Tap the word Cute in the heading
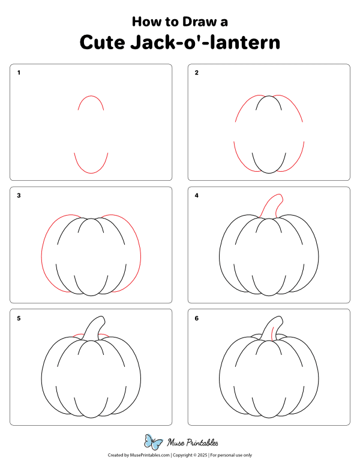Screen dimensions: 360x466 [x=102, y=42]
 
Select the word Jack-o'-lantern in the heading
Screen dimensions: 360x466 [x=205, y=42]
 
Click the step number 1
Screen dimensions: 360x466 [x=19, y=73]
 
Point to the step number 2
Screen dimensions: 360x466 [x=196, y=73]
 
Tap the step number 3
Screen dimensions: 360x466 [x=19, y=195]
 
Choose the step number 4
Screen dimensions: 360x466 [x=196, y=195]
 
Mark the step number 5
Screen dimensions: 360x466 [x=19, y=318]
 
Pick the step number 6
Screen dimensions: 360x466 [x=196, y=318]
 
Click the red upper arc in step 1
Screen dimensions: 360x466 [x=91, y=96]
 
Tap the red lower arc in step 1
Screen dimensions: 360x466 [x=91, y=173]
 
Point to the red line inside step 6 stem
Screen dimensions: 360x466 [x=272, y=334]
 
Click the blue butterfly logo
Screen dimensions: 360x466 [x=153, y=442]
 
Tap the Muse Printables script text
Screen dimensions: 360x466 [x=193, y=443]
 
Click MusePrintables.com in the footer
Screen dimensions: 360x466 [x=150, y=455]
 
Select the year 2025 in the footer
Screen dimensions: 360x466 [x=202, y=455]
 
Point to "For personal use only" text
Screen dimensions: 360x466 [x=231, y=455]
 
